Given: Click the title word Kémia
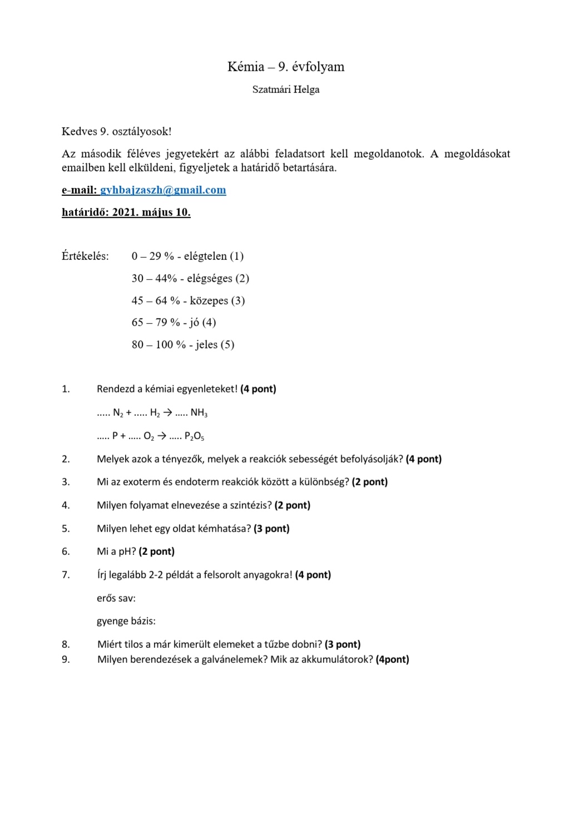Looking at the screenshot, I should point(245,67).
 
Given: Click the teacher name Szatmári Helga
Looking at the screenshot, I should point(285,90).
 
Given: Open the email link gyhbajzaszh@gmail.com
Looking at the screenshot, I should point(163,190).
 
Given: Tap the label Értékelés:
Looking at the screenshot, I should point(85,257).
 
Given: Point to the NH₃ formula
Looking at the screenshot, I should point(199,413).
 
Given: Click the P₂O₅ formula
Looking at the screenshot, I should point(194,436).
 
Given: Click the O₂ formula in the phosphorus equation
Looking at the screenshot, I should point(149,436).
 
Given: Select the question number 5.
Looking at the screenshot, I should point(66,529).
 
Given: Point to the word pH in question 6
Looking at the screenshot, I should point(123,552).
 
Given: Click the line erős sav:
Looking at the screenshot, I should point(116,598).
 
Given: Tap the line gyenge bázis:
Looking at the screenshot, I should point(126,621).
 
